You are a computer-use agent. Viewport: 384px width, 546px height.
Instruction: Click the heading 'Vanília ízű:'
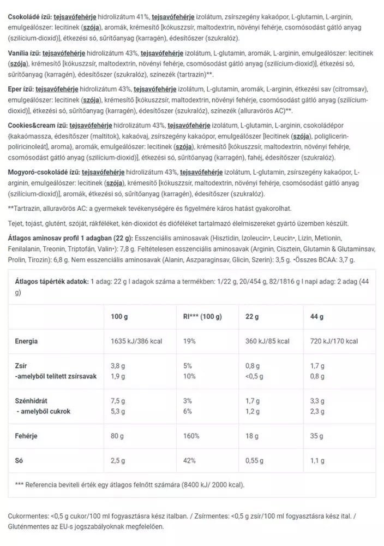26,53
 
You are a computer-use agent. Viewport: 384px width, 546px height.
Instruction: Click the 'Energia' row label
27,341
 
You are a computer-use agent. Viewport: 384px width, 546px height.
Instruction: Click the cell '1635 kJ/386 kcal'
136,341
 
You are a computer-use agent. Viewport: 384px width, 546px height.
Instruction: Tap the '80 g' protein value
118,437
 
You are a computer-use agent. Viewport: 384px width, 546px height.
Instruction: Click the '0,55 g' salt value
258,460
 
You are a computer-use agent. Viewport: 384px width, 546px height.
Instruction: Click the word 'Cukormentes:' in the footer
28,516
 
